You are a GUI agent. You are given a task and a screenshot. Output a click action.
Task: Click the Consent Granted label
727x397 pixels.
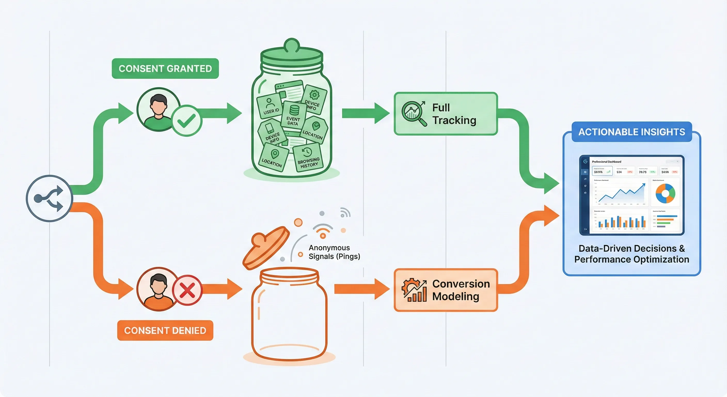pos(165,68)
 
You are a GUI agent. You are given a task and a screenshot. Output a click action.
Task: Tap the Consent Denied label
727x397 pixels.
pos(165,330)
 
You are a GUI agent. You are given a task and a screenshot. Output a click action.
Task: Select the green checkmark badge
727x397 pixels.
pos(187,121)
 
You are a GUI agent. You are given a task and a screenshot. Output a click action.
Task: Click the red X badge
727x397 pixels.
pos(187,290)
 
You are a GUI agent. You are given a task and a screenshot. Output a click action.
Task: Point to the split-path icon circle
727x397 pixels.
pos(49,198)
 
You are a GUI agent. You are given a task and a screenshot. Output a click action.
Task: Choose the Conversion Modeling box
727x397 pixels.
pos(446,290)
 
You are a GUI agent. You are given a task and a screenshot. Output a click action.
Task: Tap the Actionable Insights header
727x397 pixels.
pos(632,132)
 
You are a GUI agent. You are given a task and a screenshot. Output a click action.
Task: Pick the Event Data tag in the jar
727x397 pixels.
pos(293,115)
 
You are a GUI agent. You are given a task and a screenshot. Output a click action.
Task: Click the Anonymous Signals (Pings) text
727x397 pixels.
pos(334,252)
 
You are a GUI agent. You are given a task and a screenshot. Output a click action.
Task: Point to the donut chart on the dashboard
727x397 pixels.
pos(665,193)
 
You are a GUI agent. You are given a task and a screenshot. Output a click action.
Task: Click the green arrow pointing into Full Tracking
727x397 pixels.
pos(366,113)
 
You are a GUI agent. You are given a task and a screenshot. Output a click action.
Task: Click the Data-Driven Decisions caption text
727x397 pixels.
pos(632,254)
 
